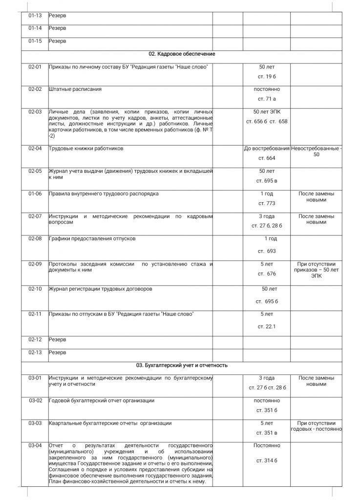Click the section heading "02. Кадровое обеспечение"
(182, 54)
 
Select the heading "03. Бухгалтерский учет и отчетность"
(182, 365)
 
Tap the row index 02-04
(35, 148)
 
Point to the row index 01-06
(35, 193)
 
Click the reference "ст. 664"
(267, 158)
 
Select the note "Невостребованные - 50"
(316, 151)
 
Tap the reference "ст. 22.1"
(267, 326)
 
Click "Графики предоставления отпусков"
(92, 239)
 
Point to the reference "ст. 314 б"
(267, 460)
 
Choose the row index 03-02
(35, 400)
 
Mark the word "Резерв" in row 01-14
(58, 28)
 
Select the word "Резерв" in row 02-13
(58, 352)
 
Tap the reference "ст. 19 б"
(267, 77)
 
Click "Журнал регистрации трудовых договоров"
(100, 289)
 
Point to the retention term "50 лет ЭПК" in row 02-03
(267, 112)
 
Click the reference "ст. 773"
(267, 203)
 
